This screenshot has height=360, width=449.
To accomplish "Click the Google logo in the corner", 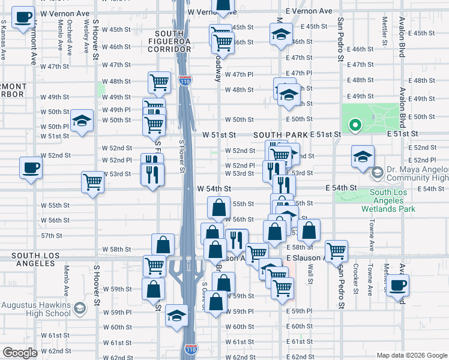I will coord(20,353).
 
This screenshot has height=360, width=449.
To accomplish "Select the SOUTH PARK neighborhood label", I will coord(280,136).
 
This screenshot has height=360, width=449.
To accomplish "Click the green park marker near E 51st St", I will coord(355,125).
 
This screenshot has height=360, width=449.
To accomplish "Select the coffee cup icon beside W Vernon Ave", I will coord(23,19).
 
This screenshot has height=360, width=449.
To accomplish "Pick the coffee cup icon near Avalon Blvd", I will coord(397,285).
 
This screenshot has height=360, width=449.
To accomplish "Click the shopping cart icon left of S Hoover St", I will coord(92,181).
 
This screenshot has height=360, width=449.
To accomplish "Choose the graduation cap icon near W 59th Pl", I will coord(176,315).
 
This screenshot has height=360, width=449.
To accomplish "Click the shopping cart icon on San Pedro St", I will coord(336,250).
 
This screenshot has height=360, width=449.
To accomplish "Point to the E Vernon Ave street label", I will coord(309,11).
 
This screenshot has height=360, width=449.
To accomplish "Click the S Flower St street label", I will coord(182,155).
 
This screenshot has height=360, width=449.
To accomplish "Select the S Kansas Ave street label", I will coord(4,40).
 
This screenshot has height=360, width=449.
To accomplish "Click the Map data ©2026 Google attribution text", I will coord(411,355).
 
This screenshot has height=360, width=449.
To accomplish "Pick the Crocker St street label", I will coord(356,279).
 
